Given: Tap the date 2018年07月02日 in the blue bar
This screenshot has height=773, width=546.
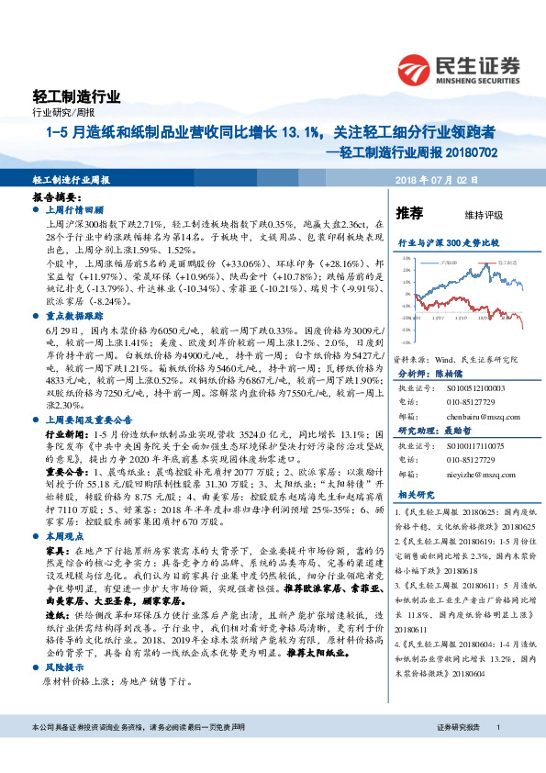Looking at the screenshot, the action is click(437, 179).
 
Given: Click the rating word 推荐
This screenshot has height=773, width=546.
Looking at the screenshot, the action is click(409, 213).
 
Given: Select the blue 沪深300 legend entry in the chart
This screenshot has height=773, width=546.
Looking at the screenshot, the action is click(447, 262).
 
